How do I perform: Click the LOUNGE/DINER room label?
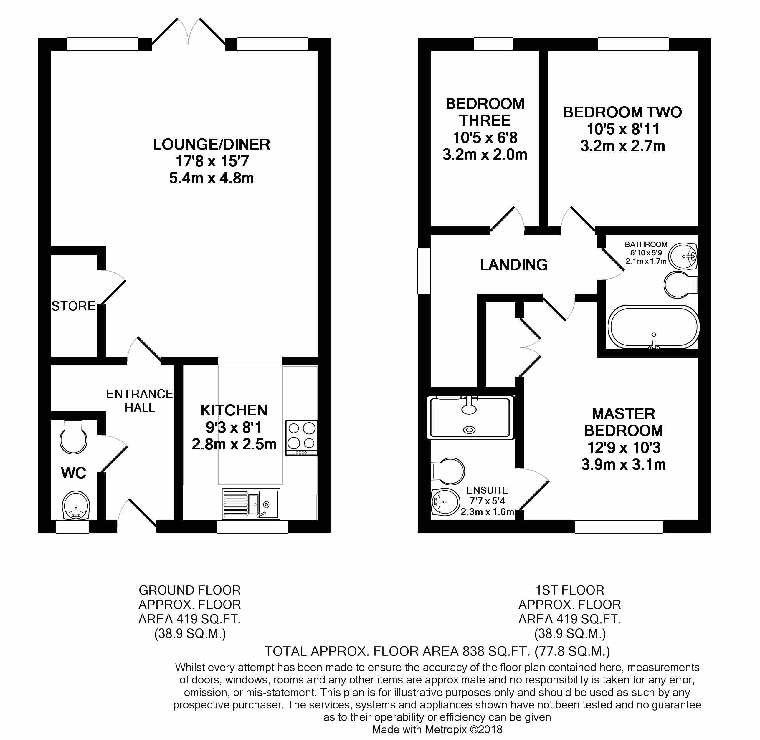(x=212, y=145)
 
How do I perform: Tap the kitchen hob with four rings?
(x=301, y=438)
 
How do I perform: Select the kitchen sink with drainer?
(x=250, y=504)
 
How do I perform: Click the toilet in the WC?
(x=73, y=438)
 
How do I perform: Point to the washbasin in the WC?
(x=76, y=505)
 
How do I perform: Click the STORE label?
(x=73, y=306)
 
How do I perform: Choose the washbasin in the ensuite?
(x=445, y=502)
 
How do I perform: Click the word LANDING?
(x=514, y=265)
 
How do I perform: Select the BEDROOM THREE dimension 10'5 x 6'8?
(x=485, y=138)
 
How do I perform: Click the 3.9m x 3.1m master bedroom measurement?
(x=624, y=464)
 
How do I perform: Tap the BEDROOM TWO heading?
(x=622, y=112)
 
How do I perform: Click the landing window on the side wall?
(x=424, y=271)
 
